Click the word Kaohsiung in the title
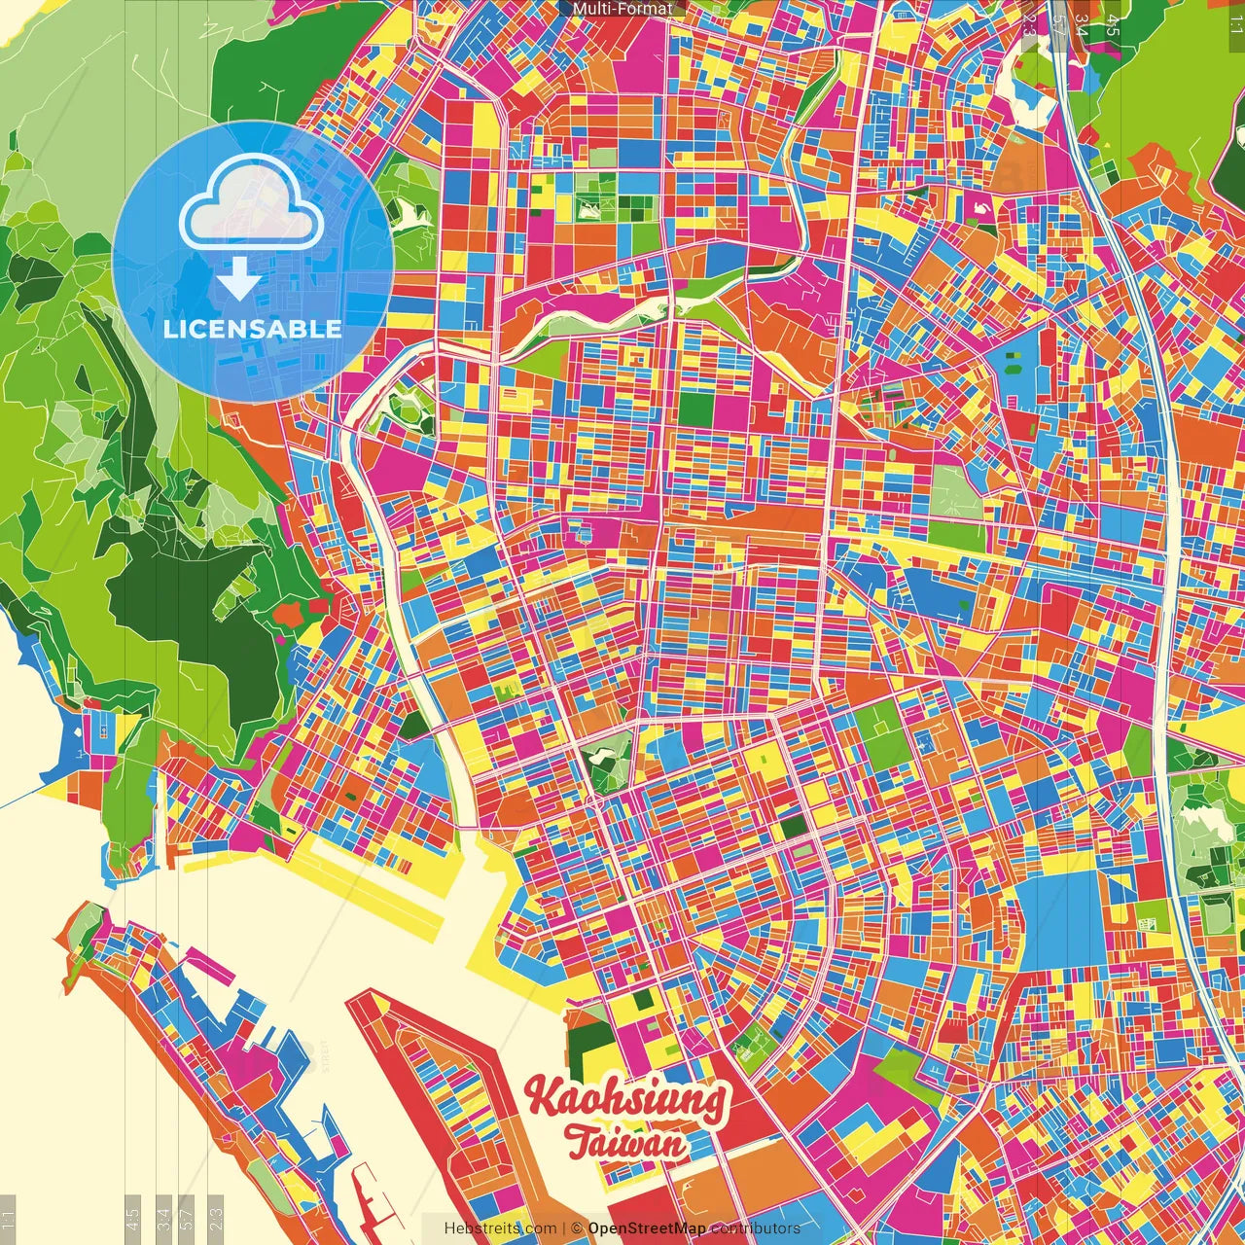625,1098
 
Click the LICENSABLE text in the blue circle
252,329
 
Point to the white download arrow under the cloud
238,278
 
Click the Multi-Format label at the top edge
622,9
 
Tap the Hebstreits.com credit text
500,1228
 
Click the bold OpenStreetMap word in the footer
646,1228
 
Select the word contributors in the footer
756,1228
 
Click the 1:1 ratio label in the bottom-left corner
9,1219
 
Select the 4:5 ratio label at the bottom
133,1219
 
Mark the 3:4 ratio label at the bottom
163,1219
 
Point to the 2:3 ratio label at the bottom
216,1219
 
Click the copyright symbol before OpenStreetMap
577,1228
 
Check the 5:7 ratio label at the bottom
188,1219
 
